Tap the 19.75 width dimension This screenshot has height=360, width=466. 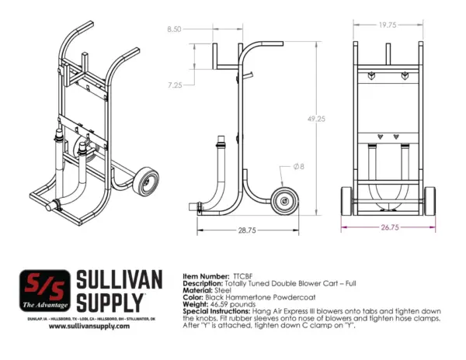point(388,25)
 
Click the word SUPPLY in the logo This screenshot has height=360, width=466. point(109,301)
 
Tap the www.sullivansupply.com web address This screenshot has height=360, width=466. point(88,327)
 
